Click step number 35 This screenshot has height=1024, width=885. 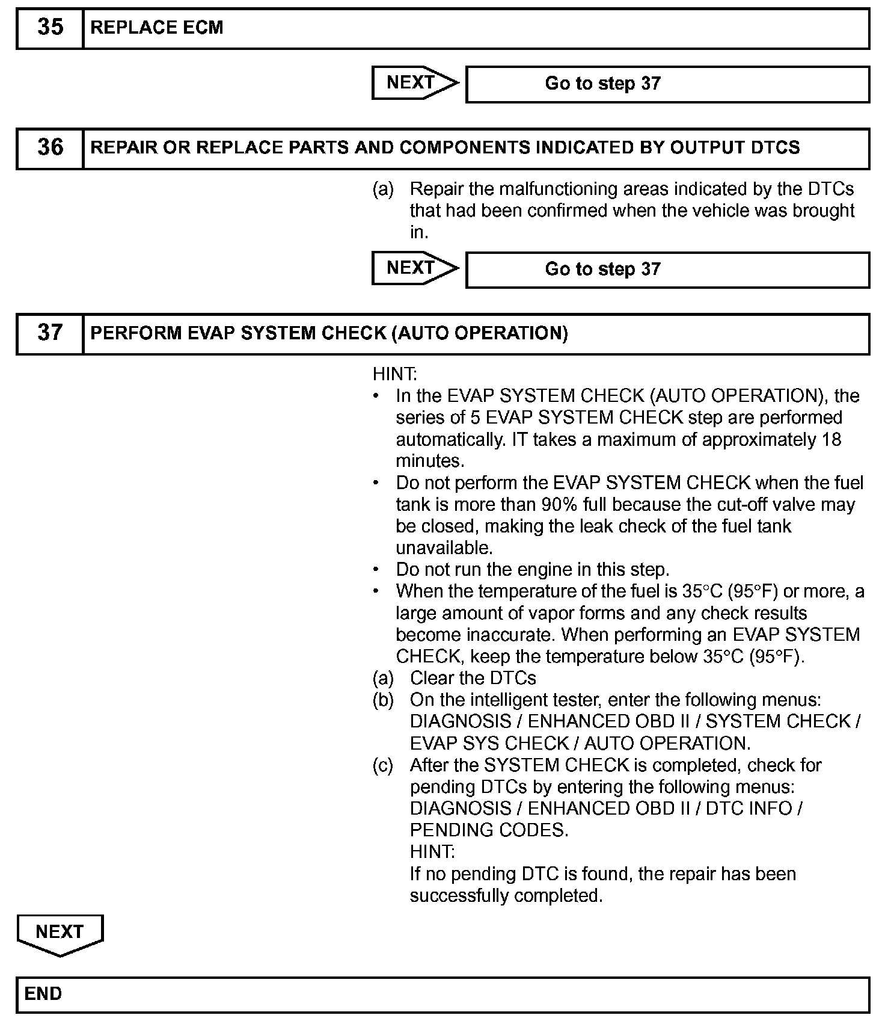(50, 28)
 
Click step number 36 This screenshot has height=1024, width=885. (50, 148)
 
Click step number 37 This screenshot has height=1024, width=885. (50, 333)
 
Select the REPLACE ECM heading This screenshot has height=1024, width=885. (156, 28)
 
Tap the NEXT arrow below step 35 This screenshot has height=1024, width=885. (414, 83)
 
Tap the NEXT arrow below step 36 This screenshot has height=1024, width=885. (414, 268)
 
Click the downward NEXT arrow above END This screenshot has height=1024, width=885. (60, 933)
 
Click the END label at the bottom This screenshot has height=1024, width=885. (43, 993)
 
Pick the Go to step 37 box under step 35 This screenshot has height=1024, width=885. (667, 84)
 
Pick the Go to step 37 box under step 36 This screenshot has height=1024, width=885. (667, 269)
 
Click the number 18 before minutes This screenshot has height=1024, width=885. (831, 439)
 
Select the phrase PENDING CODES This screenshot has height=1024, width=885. (488, 830)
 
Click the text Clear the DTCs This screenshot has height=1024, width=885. (473, 678)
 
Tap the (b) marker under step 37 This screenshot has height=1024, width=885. (383, 700)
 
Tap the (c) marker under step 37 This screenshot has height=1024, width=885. (383, 765)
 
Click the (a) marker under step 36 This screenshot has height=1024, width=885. (383, 189)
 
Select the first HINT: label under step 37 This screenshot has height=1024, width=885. (394, 374)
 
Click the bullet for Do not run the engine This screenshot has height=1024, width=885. (376, 569)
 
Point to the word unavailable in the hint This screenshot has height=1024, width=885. (444, 547)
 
